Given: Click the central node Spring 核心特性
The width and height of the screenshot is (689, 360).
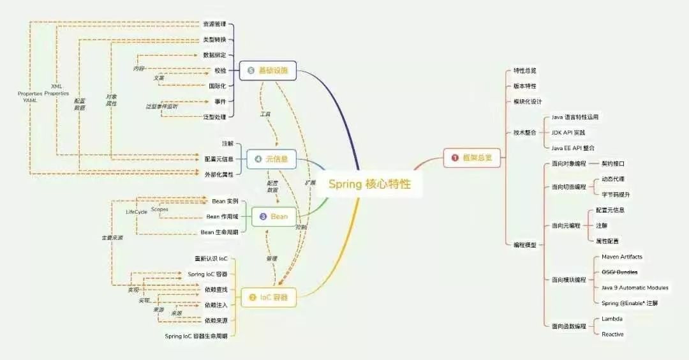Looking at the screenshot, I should tap(369, 184).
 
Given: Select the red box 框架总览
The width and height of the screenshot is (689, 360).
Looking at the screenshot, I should tap(472, 158).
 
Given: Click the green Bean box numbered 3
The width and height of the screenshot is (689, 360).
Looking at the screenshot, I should tap(274, 216).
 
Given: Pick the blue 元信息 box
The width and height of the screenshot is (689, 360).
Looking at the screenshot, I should tap(271, 159).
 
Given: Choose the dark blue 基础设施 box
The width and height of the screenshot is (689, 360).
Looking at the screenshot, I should tap(268, 70).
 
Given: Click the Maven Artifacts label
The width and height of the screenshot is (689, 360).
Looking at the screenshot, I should tap(621, 257).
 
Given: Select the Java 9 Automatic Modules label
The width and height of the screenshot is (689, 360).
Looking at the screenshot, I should tap(635, 288).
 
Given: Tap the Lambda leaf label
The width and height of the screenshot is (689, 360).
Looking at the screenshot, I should tap(612, 319).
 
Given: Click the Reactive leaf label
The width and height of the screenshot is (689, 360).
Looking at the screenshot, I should tap(612, 334).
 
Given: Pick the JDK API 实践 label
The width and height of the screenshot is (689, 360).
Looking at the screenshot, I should tap(568, 133).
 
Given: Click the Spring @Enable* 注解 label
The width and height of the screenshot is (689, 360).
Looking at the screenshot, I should tap(629, 303).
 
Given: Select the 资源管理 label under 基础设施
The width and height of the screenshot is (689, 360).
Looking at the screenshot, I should tap(214, 24).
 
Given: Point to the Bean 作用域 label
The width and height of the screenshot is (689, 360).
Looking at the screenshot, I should tap(219, 217).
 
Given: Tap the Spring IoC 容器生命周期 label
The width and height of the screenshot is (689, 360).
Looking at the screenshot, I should tap(196, 336).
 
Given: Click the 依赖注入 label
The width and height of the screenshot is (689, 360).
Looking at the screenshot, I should tap(216, 305).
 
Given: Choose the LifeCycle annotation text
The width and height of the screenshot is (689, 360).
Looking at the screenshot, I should tap(137, 211).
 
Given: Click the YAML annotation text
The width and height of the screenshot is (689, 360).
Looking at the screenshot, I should tap(31, 101).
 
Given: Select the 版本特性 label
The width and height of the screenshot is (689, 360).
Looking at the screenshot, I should tap(525, 86).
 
